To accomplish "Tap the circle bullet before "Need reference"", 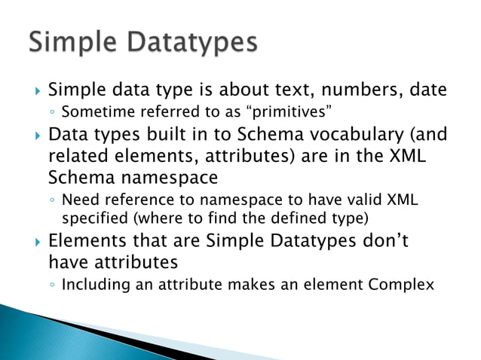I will point(51,202).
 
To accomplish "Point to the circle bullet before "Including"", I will point(51,285).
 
